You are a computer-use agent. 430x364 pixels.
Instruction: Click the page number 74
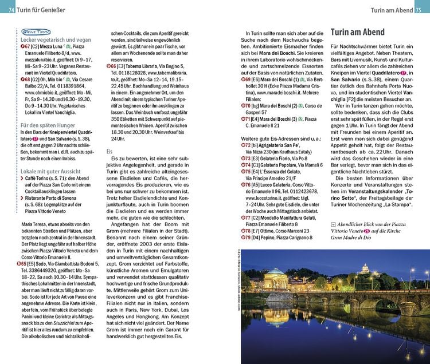(12, 10)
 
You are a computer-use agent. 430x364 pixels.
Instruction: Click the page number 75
(419, 10)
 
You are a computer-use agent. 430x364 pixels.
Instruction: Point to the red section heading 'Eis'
(110, 151)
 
